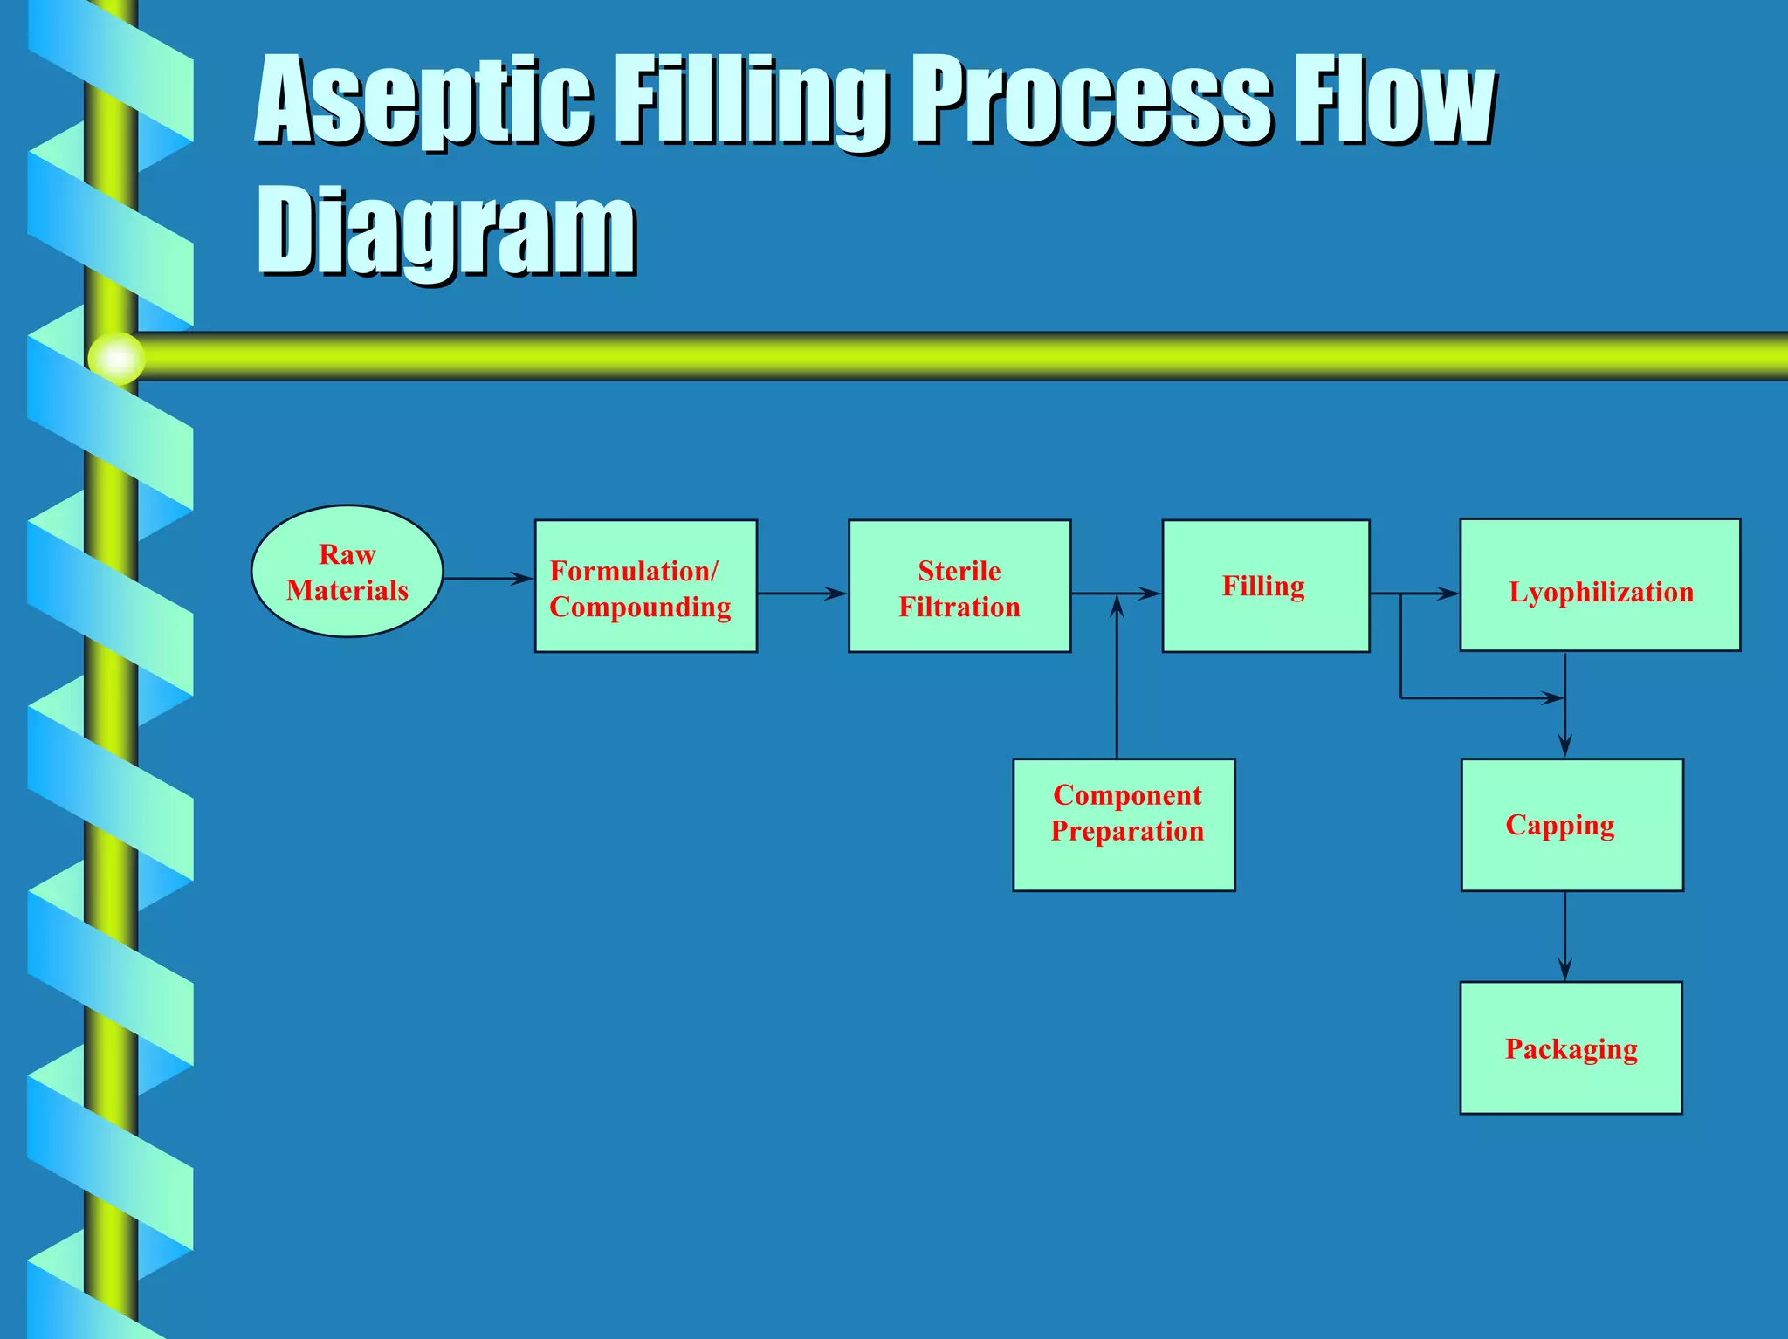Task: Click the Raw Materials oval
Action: click(347, 572)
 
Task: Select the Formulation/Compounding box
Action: click(645, 587)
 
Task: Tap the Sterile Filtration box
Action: click(959, 587)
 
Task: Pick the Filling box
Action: click(1264, 587)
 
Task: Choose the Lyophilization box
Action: click(1599, 586)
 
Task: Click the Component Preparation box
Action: click(1124, 825)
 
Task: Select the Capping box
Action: click(1571, 825)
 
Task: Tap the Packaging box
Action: click(1571, 1047)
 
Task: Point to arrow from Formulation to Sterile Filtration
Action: click(801, 594)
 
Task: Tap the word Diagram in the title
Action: click(446, 230)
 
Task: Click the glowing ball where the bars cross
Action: click(116, 358)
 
